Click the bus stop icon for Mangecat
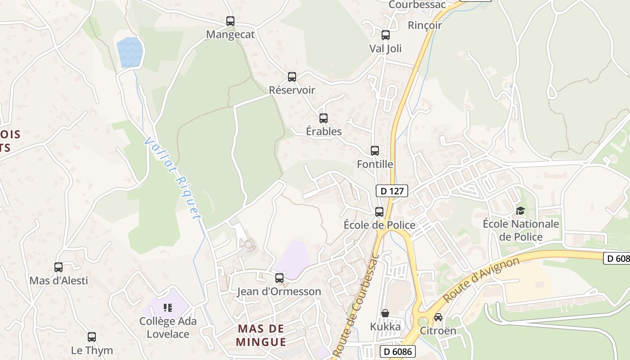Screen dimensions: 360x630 (230, 21)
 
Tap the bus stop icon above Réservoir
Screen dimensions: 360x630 (292, 77)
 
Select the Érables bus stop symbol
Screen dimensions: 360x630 (324, 118)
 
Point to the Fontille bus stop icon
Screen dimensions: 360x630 (375, 151)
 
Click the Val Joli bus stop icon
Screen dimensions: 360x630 (386, 35)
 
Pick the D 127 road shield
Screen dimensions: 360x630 (392, 191)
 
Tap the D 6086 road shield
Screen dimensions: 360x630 (397, 351)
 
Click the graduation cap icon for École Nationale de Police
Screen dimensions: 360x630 (520, 211)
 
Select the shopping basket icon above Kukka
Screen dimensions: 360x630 (385, 313)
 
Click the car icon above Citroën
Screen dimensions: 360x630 (438, 317)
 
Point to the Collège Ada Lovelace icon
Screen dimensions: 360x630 (168, 308)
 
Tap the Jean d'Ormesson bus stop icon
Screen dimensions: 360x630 (279, 278)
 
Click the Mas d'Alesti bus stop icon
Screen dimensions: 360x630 (58, 267)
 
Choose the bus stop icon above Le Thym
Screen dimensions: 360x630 (92, 337)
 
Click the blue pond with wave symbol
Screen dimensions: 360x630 (130, 52)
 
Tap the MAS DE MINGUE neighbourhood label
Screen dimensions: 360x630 (261, 335)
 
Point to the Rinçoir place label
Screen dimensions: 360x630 (425, 25)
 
